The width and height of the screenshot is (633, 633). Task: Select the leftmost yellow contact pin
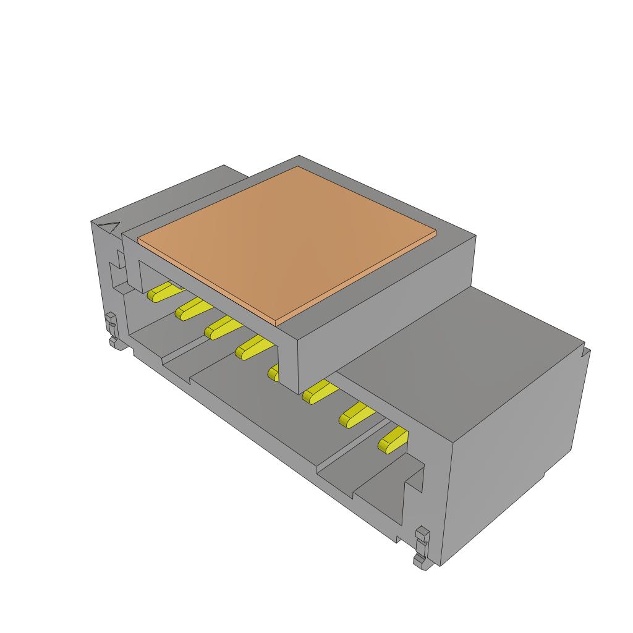161,292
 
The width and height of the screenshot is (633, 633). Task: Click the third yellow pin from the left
218,328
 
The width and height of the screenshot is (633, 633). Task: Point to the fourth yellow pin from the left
251,349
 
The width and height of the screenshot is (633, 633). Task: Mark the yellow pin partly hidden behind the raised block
273,372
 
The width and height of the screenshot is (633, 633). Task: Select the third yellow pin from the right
318,391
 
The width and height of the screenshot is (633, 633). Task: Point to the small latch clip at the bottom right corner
422,546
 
